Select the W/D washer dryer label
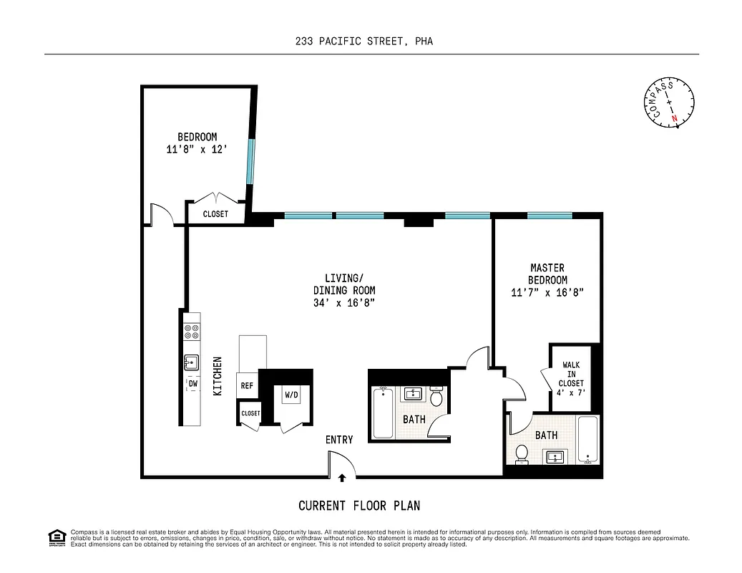pos(292,395)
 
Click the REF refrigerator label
pos(247,385)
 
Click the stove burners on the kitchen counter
pos(192,331)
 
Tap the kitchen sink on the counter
pos(192,362)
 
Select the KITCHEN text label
pos(218,377)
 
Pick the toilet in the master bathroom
pos(522,454)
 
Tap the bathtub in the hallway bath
pos(383,413)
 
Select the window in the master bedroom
pos(550,215)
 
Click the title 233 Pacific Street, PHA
pos(364,42)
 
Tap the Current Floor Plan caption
pos(359,506)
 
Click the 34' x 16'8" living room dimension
pos(344,303)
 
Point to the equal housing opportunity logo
pos(56,537)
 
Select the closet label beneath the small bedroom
pos(215,214)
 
